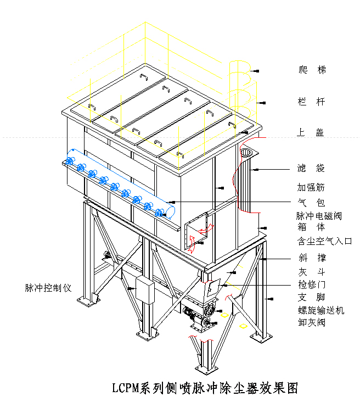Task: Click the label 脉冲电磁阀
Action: [x=319, y=216]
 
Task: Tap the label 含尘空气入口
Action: [x=324, y=241]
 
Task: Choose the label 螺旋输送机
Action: [x=321, y=310]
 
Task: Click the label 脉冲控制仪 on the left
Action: [x=48, y=287]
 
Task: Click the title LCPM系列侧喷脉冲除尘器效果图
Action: [x=205, y=388]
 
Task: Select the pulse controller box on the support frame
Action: [x=144, y=289]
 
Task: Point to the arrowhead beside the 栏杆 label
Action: [x=263, y=102]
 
